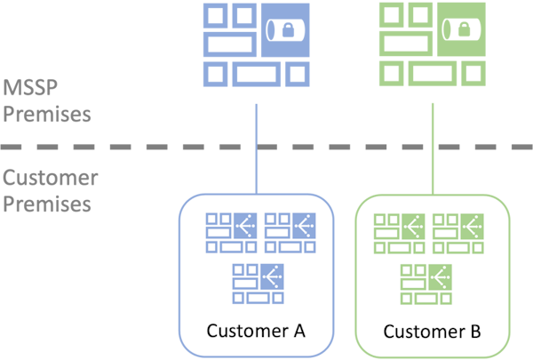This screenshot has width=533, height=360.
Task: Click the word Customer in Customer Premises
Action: click(x=50, y=178)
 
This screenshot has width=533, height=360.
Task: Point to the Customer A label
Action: click(x=256, y=331)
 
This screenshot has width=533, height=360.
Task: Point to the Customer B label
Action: click(x=433, y=332)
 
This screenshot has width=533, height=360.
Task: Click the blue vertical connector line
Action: click(x=257, y=147)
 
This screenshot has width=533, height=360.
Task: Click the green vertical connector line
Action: click(x=433, y=147)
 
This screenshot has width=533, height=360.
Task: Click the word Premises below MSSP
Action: click(x=46, y=115)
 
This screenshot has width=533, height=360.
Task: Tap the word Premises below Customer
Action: click(x=46, y=204)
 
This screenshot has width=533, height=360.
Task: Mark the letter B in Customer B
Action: click(x=475, y=332)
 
